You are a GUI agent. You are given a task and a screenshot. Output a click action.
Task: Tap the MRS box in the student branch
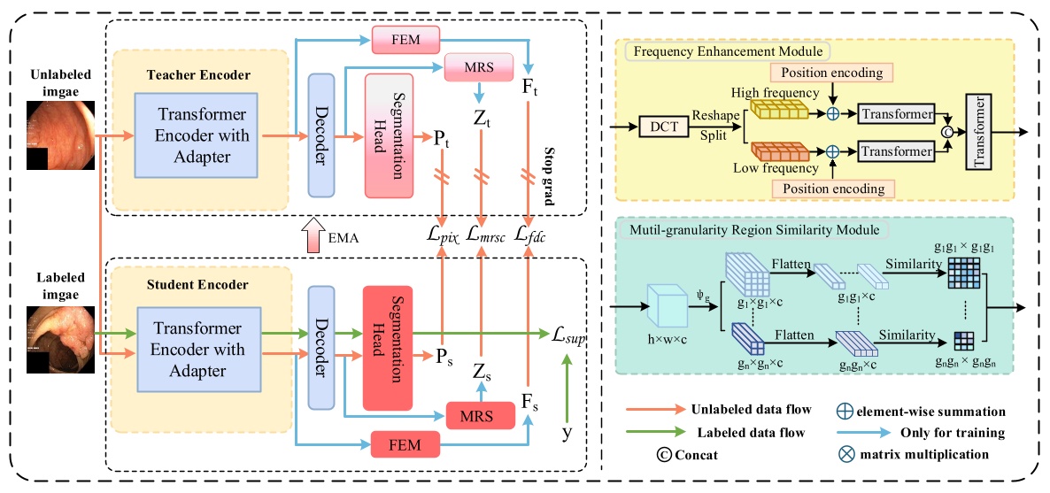479,413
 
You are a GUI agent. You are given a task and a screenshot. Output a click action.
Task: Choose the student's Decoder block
320,347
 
